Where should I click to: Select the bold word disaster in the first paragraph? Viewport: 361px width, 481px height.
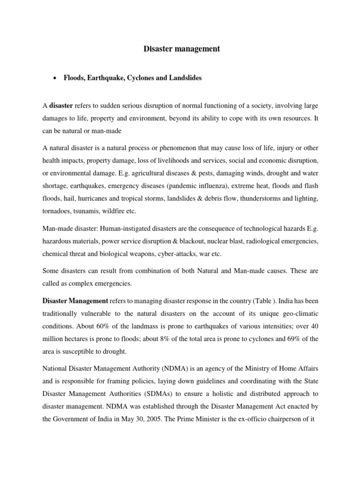[61, 106]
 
